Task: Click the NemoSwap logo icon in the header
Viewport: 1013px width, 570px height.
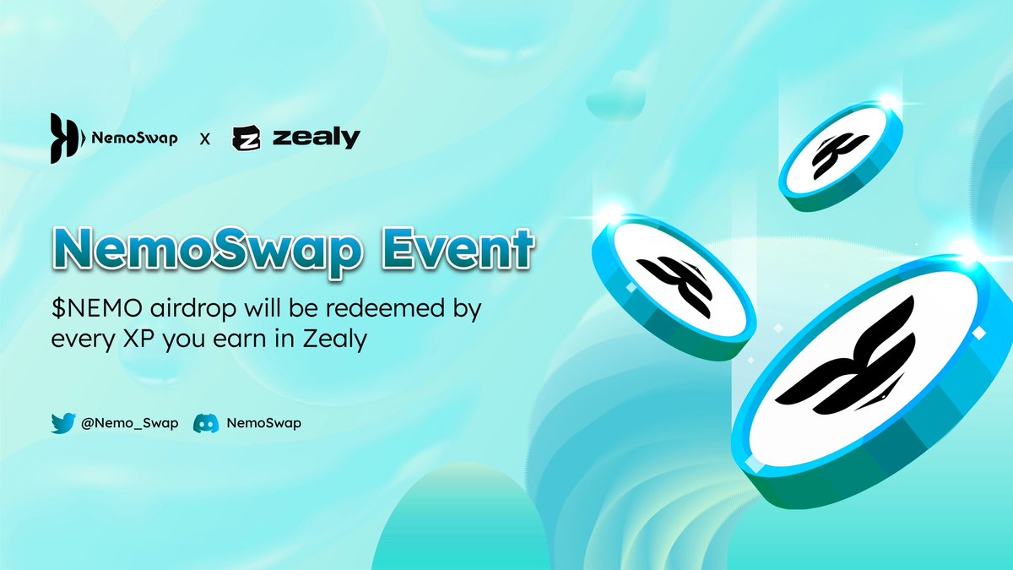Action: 66,138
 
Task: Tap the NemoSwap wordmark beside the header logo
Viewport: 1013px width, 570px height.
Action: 134,138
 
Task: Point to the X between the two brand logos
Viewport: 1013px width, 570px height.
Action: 204,139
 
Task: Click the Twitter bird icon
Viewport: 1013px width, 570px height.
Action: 63,423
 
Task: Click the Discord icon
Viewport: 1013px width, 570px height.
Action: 207,423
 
